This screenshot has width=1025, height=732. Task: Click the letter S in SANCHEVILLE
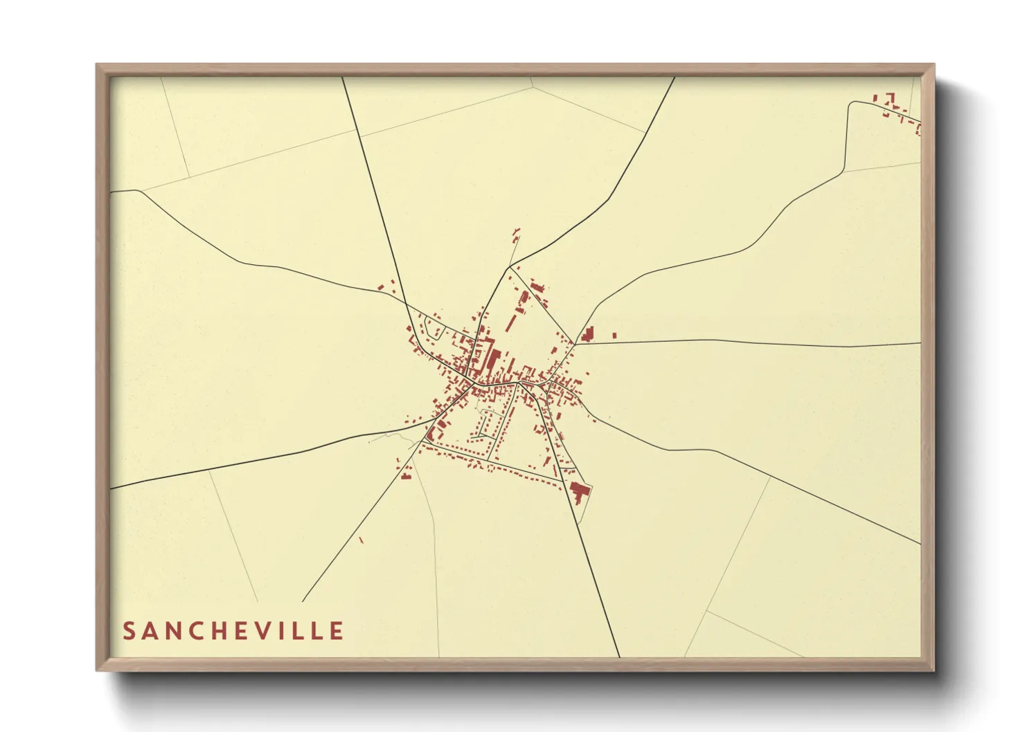(x=129, y=631)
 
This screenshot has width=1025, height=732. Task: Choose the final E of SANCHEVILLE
(x=337, y=631)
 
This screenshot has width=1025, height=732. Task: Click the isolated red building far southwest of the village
(x=361, y=540)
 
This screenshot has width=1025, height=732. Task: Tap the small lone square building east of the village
(x=614, y=336)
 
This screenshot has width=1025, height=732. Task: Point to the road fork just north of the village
(x=510, y=266)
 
